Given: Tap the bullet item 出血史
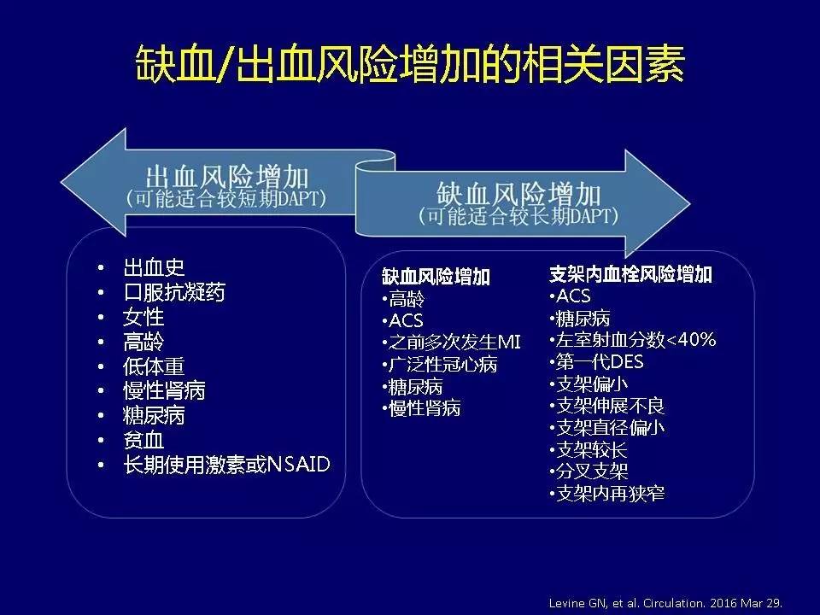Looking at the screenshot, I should (x=154, y=267).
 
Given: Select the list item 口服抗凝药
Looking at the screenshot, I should (x=174, y=292).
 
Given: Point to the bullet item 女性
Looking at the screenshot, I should (x=143, y=317).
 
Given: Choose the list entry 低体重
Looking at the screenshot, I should (x=154, y=366).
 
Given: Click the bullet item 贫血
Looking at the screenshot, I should (x=143, y=441).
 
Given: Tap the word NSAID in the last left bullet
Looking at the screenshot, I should (x=299, y=465).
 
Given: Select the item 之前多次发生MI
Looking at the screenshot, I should (x=454, y=343).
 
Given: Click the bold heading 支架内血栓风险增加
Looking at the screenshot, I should (x=630, y=275).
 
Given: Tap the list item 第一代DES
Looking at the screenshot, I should (x=599, y=362).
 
